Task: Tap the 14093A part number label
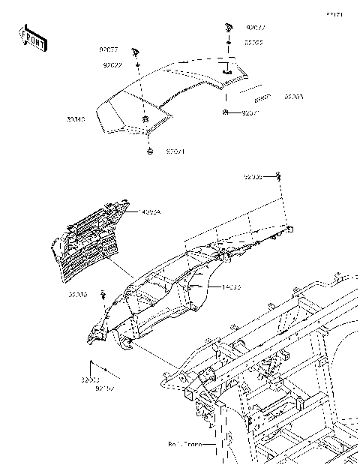pyautogui.click(x=151, y=212)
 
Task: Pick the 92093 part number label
pyautogui.click(x=295, y=97)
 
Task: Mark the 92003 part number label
pyautogui.click(x=91, y=380)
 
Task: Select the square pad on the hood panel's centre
pyautogui.click(x=145, y=118)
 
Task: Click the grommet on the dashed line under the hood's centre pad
pyautogui.click(x=148, y=152)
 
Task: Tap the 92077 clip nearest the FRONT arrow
pyautogui.click(x=135, y=51)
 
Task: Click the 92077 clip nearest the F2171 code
pyautogui.click(x=226, y=27)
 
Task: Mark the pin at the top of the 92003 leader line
pyautogui.click(x=91, y=362)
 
